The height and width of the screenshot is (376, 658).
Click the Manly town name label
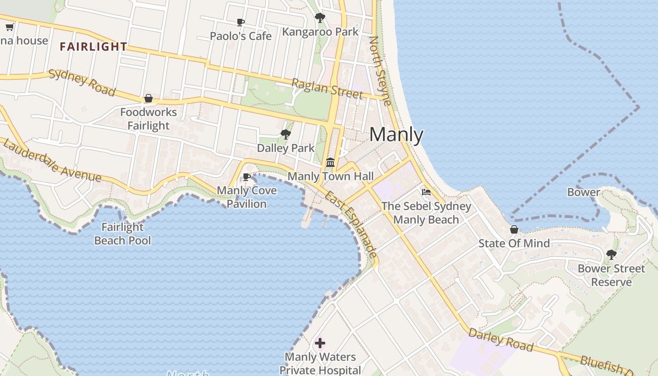(x=396, y=135)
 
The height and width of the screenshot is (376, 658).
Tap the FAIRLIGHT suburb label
(x=94, y=47)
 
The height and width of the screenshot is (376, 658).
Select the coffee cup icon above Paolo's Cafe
(x=241, y=23)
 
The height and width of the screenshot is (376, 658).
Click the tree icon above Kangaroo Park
(x=320, y=18)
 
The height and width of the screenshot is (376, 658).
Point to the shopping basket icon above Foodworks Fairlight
(x=149, y=98)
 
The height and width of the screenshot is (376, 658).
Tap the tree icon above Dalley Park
(x=285, y=134)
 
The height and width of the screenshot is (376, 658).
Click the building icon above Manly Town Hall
(x=330, y=163)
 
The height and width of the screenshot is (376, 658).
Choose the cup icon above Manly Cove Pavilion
(x=246, y=177)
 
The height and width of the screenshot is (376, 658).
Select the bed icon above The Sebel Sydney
(x=426, y=192)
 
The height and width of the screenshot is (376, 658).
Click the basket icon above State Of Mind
(x=514, y=229)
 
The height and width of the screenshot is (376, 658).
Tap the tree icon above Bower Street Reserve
(x=611, y=255)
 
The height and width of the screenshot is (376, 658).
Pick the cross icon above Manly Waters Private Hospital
(x=320, y=343)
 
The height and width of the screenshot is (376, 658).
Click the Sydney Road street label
(x=82, y=83)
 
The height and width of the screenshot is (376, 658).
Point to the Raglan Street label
(x=327, y=89)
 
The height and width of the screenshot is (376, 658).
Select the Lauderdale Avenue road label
(x=52, y=161)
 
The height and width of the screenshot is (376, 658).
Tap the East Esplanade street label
(x=351, y=224)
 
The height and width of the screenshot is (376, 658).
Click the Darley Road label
(x=501, y=340)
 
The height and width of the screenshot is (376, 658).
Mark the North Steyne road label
(x=380, y=70)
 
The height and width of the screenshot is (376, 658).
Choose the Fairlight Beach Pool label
(x=123, y=234)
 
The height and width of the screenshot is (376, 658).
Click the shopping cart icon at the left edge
(x=9, y=27)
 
